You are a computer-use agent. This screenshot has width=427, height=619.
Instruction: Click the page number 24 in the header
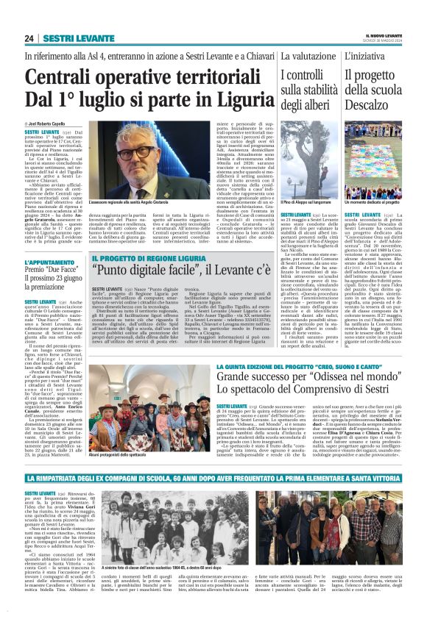[29, 38]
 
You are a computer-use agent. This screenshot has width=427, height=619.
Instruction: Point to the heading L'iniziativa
[385, 55]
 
